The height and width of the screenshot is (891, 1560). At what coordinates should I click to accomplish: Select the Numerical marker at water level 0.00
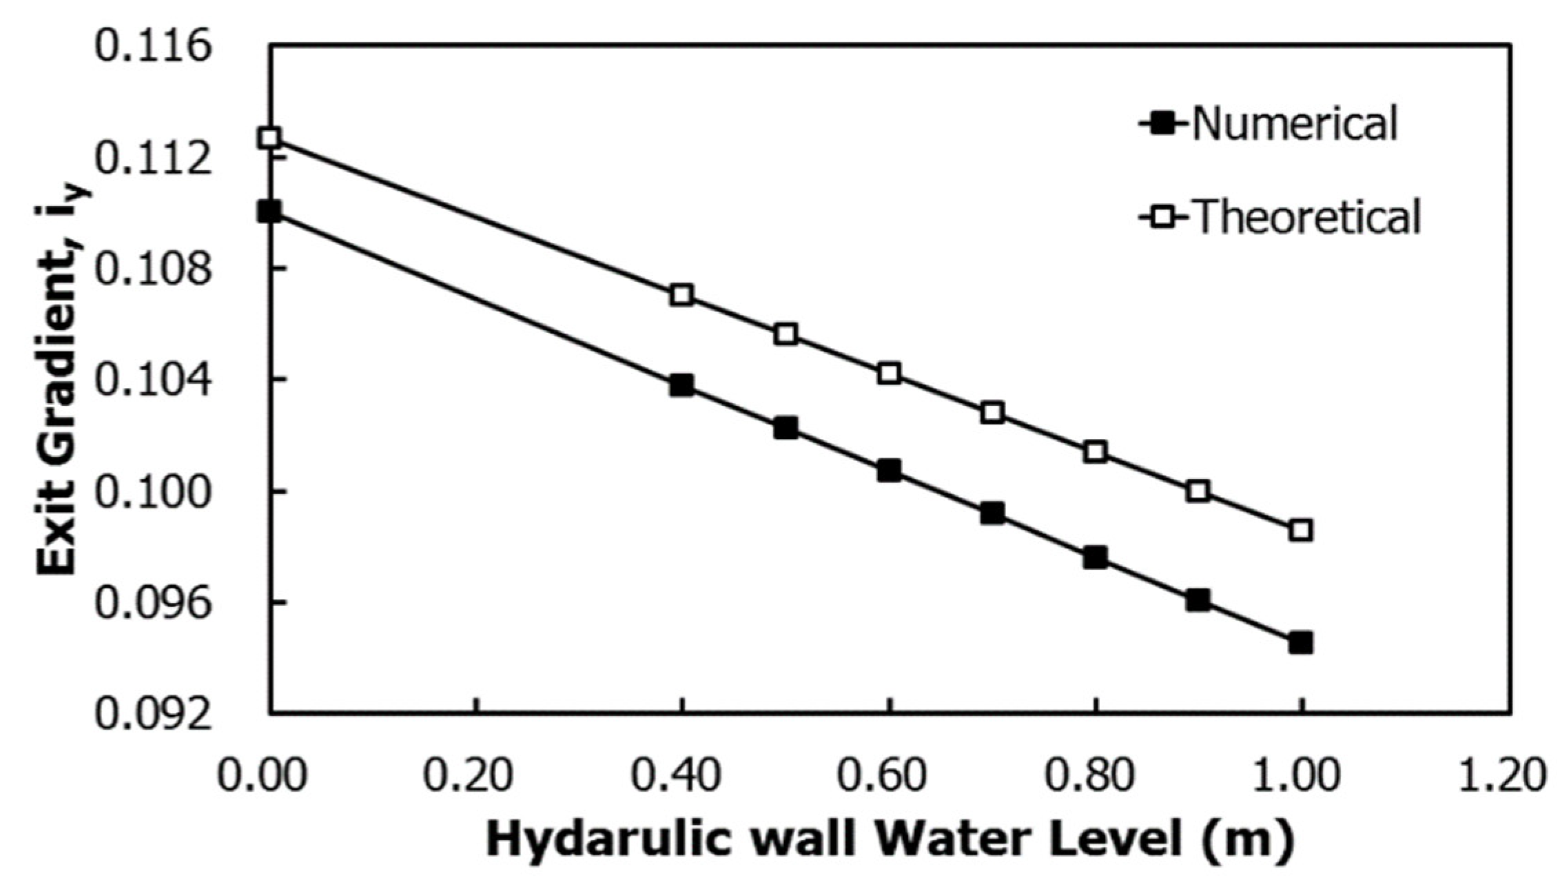[x=269, y=212]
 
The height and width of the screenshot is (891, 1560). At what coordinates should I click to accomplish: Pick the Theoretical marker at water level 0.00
[x=269, y=138]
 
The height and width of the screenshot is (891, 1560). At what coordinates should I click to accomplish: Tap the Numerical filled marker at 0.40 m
[x=681, y=385]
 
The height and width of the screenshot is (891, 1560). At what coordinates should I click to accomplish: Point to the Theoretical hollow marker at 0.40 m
[x=681, y=295]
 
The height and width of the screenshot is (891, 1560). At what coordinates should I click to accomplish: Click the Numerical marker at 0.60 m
[x=889, y=471]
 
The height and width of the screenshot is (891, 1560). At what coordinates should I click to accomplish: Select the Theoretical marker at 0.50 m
[x=786, y=335]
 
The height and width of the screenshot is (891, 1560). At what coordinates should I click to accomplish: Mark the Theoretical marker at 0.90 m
[x=1198, y=491]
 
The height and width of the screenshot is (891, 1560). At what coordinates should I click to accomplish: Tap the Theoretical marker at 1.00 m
[x=1301, y=531]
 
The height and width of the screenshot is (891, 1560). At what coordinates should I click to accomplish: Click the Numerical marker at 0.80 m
[x=1095, y=557]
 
